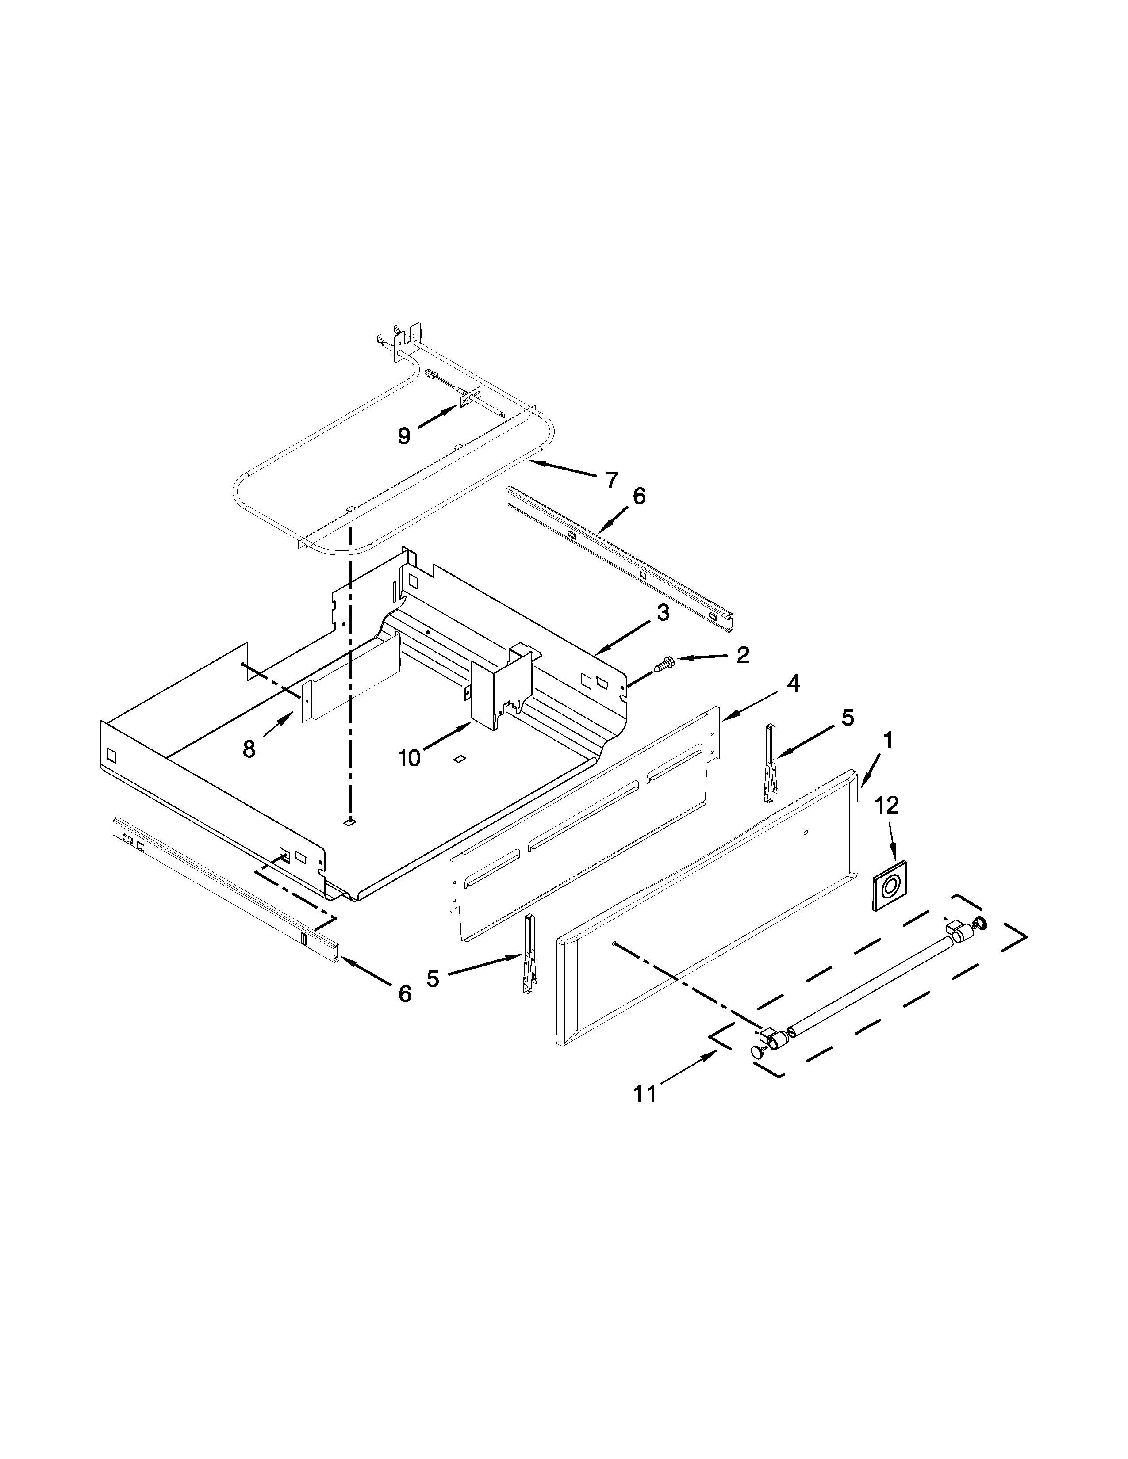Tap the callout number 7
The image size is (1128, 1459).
[611, 479]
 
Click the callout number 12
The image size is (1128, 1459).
[887, 805]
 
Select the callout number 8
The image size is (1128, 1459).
[249, 749]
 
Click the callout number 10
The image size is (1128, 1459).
[410, 757]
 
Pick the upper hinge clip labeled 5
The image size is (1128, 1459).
[770, 763]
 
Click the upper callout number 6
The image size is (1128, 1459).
[639, 497]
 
